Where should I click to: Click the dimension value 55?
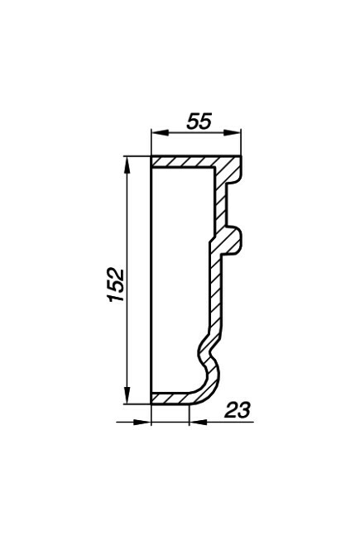(x=199, y=122)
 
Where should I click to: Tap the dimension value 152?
(x=116, y=284)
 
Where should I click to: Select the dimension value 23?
(x=238, y=410)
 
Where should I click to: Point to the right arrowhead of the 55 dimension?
(x=232, y=133)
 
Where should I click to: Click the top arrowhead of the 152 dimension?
(x=127, y=166)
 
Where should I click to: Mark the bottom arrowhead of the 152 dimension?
(x=127, y=394)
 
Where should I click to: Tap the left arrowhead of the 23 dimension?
(x=142, y=422)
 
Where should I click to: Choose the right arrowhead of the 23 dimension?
(x=198, y=422)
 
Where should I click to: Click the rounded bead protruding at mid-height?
(x=233, y=241)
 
